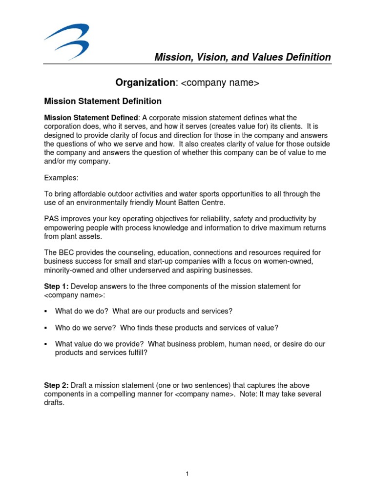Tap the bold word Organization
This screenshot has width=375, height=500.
click(x=145, y=83)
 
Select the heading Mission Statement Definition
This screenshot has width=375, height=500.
click(x=103, y=102)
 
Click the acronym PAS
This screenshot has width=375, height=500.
click(x=52, y=219)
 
